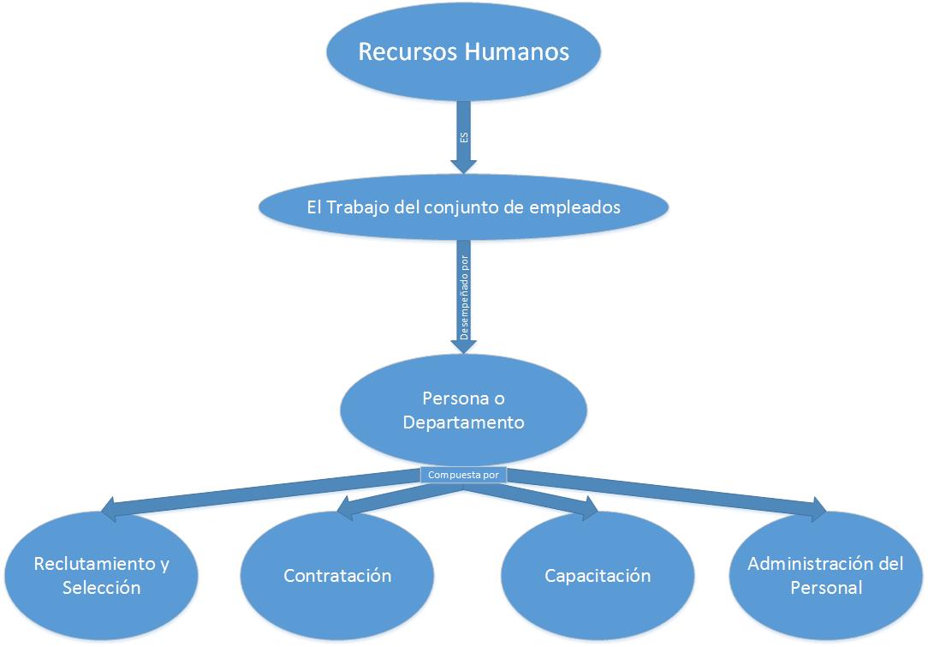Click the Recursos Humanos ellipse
point(463,51)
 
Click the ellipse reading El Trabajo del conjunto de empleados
point(463,207)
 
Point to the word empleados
point(578,207)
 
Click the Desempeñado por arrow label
point(464,303)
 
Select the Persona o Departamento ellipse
point(463,410)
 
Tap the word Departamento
point(463,422)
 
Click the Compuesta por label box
point(463,474)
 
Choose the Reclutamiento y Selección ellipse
point(101,576)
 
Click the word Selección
point(101,588)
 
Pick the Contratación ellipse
point(337,576)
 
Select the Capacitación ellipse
point(598,576)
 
